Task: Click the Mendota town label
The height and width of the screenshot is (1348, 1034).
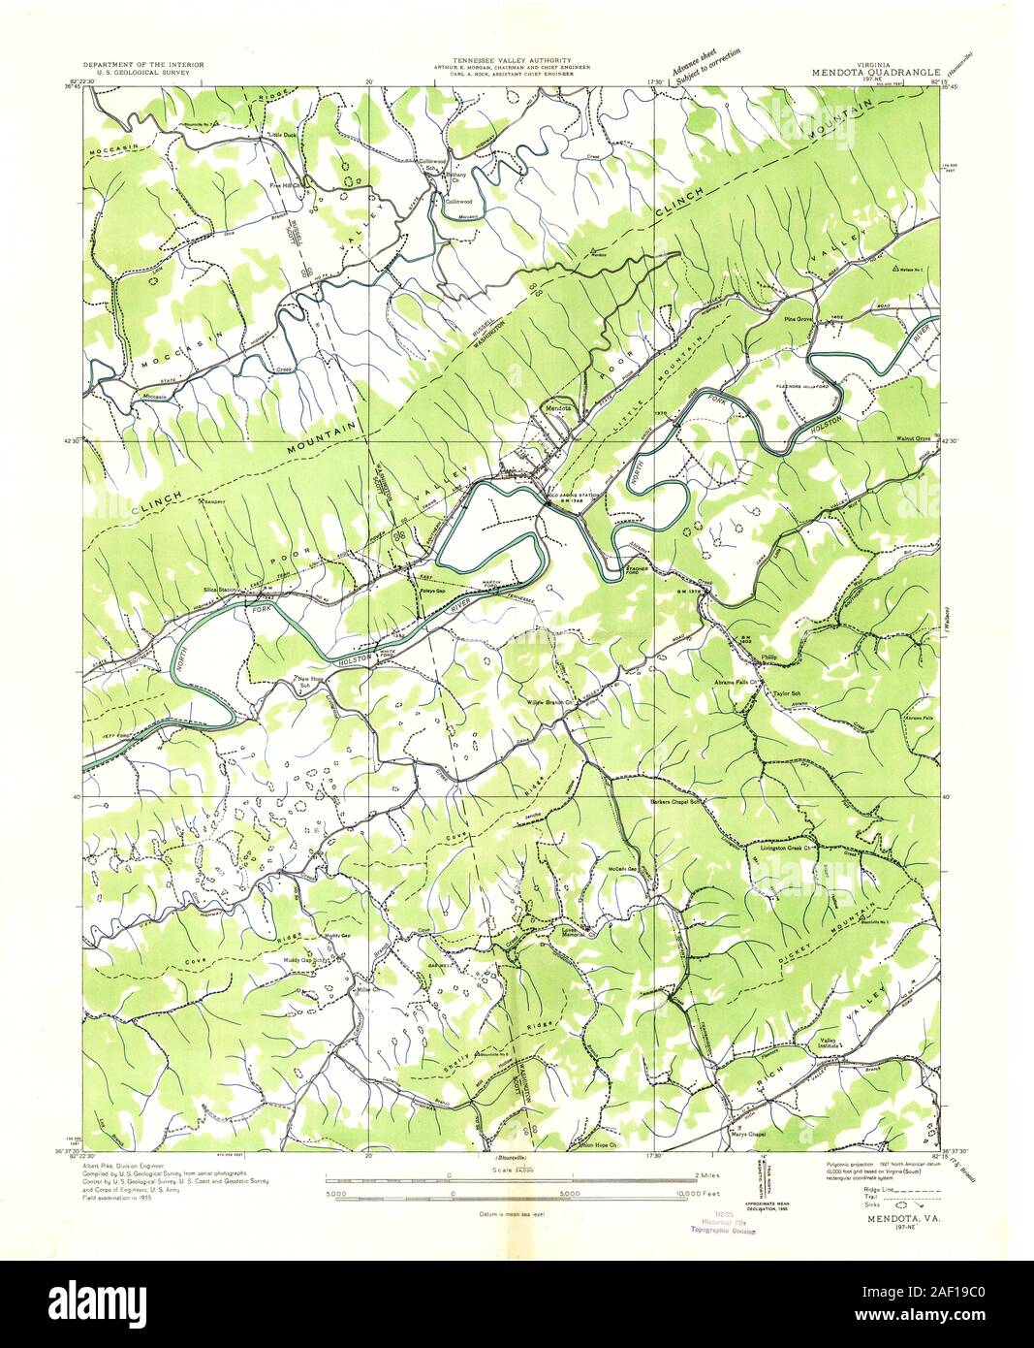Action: coord(557,410)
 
